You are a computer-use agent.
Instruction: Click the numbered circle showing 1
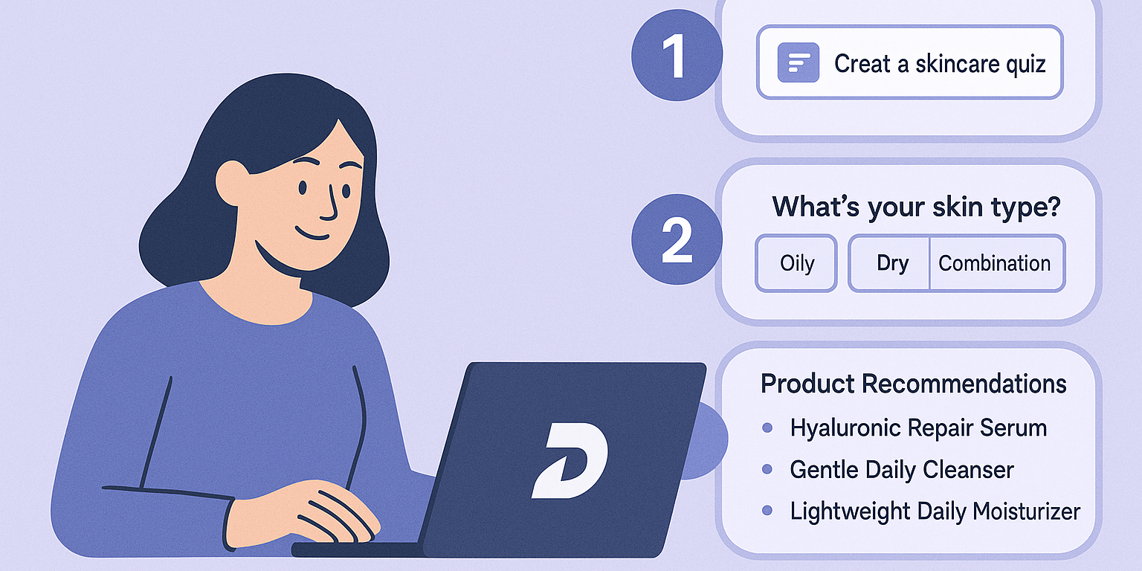(675, 57)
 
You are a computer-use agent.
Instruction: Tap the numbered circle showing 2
(675, 239)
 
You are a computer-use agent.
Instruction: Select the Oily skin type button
(796, 263)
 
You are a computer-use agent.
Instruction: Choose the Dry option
(892, 263)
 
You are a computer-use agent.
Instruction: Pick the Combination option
(994, 263)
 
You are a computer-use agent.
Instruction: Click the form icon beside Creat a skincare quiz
(798, 62)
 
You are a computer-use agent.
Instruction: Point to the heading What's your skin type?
(915, 206)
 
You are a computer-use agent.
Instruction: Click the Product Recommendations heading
(913, 384)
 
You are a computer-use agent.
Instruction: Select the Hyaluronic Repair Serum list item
(917, 428)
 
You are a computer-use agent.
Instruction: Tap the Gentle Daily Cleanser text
(901, 470)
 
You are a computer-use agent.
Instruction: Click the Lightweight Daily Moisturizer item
(934, 512)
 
